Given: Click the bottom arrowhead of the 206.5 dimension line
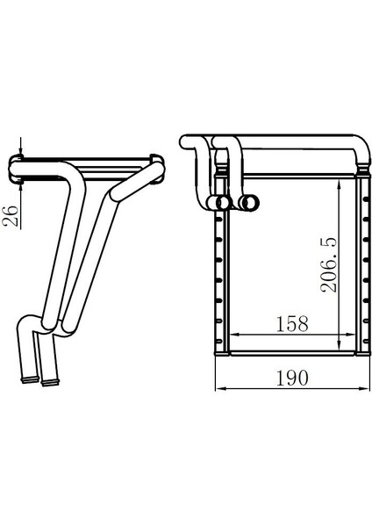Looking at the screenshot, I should tap(340, 347).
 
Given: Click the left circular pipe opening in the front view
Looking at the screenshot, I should tap(225, 203).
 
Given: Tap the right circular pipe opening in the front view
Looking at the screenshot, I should tap(249, 203).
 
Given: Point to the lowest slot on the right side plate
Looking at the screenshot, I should tap(359, 337).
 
